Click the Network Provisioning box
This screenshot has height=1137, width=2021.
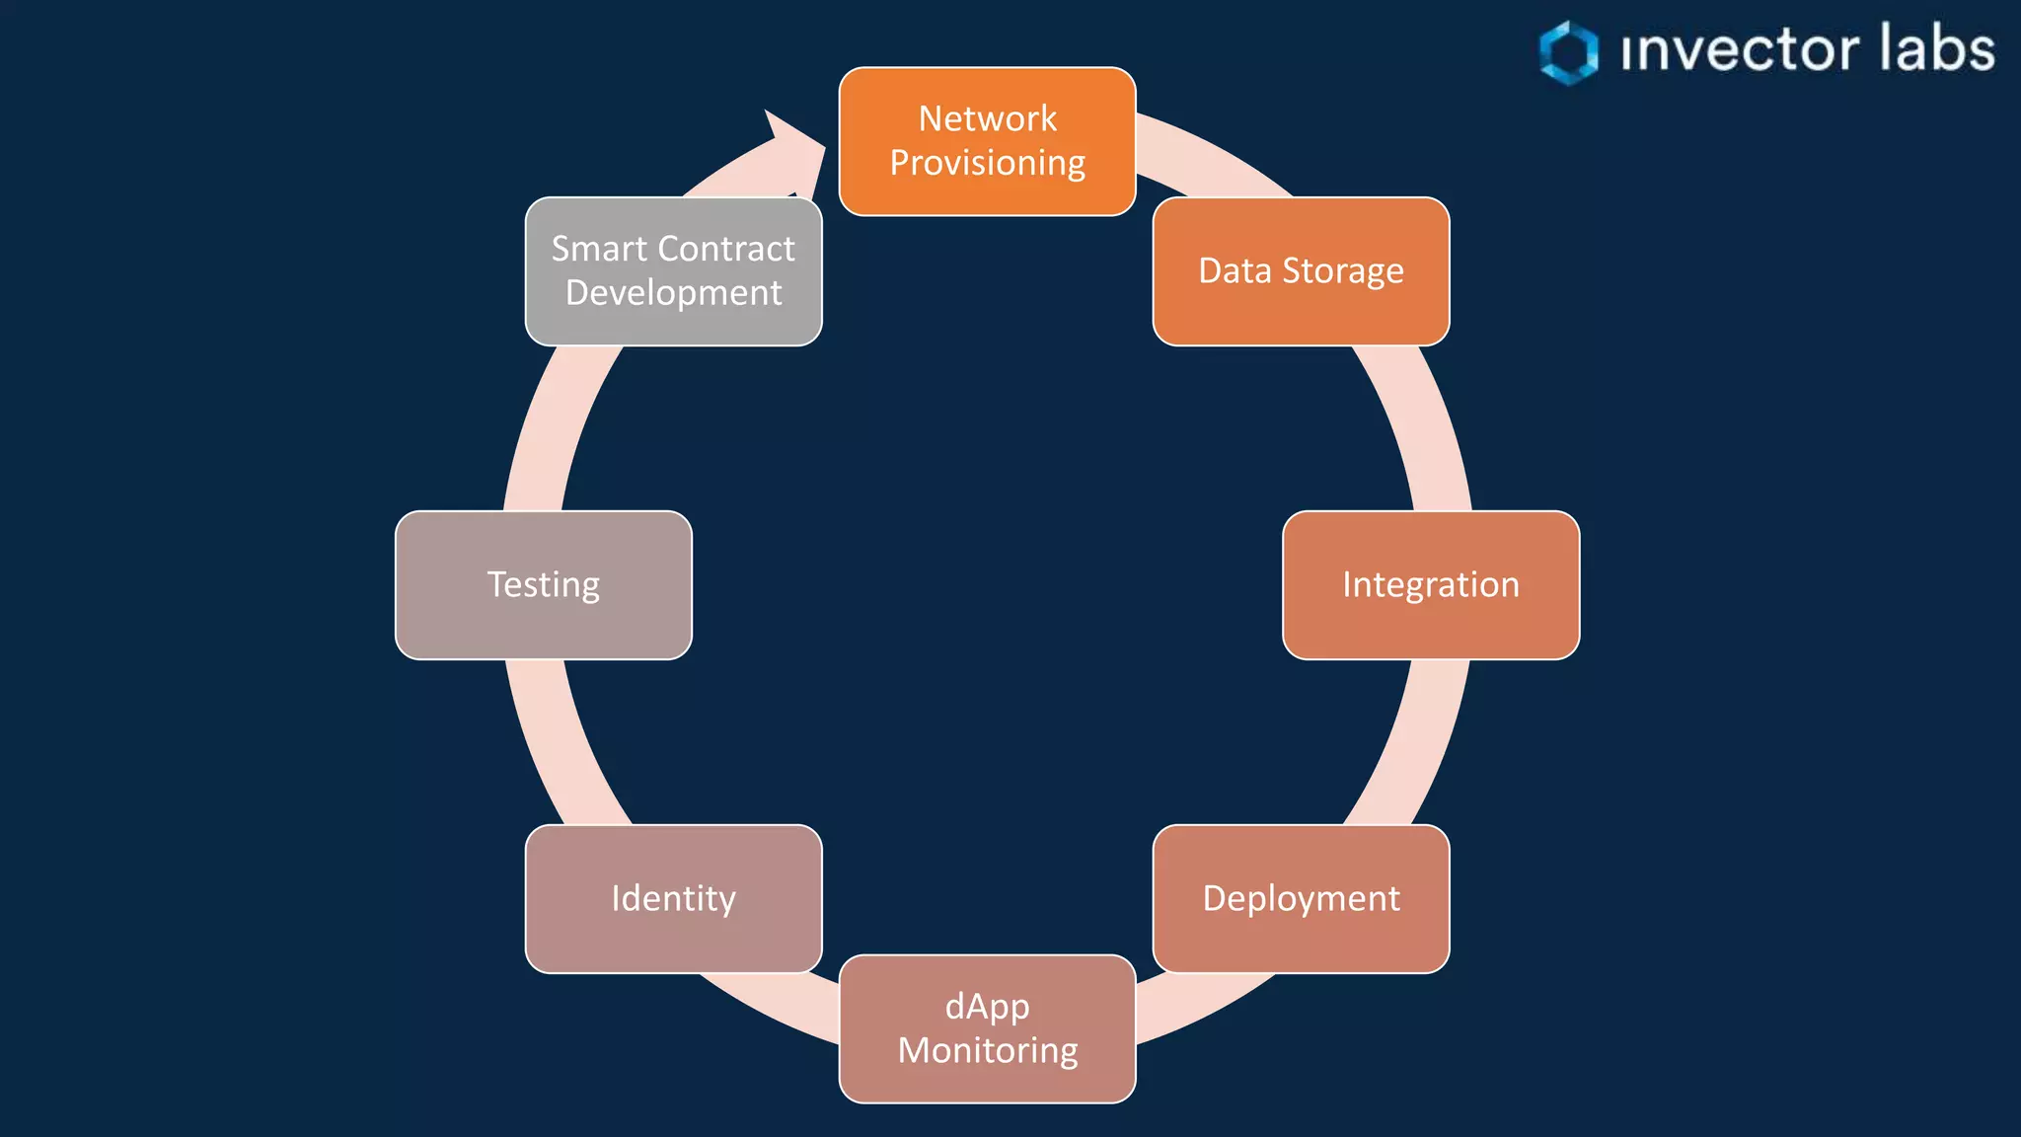click(x=987, y=141)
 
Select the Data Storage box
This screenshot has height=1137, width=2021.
click(x=1301, y=271)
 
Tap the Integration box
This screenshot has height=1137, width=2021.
click(x=1431, y=584)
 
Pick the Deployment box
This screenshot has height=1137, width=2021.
click(x=1301, y=898)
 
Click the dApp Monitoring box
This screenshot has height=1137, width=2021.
click(x=987, y=1028)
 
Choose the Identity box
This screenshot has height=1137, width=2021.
click(x=673, y=898)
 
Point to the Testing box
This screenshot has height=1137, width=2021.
click(x=543, y=584)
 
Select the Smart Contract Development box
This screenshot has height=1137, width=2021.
click(x=673, y=271)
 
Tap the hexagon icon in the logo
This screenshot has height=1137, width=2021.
click(x=1568, y=51)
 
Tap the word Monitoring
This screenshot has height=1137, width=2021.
click(x=987, y=1050)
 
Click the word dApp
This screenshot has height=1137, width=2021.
click(x=987, y=1007)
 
